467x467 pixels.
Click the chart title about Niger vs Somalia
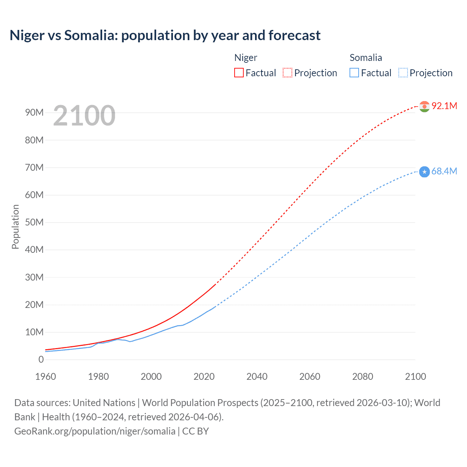tap(165, 35)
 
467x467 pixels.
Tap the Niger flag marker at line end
tap(424, 107)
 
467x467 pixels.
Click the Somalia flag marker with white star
tap(424, 171)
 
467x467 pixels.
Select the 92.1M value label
tap(444, 106)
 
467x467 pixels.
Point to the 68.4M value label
tap(444, 171)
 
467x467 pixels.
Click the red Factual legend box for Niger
tap(239, 73)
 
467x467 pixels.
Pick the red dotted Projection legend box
tap(287, 73)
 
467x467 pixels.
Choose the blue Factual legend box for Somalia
tap(354, 73)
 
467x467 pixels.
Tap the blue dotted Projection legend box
tap(403, 73)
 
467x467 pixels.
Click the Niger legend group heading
tap(246, 58)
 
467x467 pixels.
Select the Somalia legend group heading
tap(366, 58)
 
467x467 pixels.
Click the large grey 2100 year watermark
tap(84, 116)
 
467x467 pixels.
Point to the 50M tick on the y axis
tap(34, 223)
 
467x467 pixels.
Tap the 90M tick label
tap(34, 113)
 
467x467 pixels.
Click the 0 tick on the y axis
tap(41, 360)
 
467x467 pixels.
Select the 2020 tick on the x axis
tap(204, 377)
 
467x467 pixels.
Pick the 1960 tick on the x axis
tap(46, 377)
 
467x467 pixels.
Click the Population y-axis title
tap(15, 227)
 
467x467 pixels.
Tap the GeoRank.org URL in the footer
tap(95, 431)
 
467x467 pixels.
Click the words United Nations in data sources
tap(104, 403)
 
